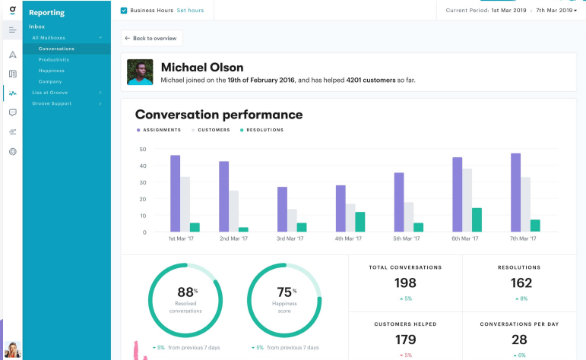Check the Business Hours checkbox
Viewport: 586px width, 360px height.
[124, 11]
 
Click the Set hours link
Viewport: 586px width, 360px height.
[191, 11]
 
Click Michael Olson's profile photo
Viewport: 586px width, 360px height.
[140, 72]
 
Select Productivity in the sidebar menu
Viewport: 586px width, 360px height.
[54, 59]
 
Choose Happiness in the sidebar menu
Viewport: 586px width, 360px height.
[51, 71]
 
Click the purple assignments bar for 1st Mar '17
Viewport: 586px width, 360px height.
[175, 194]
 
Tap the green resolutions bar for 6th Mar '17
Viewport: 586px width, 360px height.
[477, 219]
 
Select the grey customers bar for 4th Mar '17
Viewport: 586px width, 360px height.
[350, 217]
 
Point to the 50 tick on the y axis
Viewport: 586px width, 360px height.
[142, 149]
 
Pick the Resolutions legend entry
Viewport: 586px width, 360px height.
[263, 130]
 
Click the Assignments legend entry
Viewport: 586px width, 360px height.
[160, 130]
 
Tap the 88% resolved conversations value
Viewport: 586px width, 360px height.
[185, 291]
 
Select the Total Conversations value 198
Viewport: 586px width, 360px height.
[405, 283]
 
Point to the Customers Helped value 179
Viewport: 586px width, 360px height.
[405, 339]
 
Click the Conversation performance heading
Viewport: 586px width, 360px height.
[219, 115]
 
